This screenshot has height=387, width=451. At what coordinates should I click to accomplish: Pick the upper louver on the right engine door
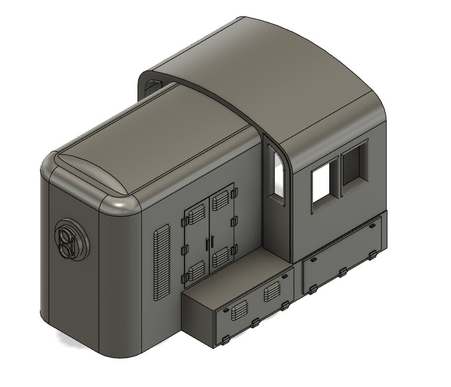[x=222, y=201]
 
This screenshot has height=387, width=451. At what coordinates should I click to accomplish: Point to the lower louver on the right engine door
[x=222, y=257]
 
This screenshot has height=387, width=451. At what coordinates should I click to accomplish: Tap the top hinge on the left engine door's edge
[x=183, y=221]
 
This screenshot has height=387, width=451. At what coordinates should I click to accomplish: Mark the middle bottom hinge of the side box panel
[x=255, y=323]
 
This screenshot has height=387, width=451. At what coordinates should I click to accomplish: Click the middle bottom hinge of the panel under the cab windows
[x=343, y=272]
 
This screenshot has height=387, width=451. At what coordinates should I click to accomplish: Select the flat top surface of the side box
[x=238, y=274]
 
